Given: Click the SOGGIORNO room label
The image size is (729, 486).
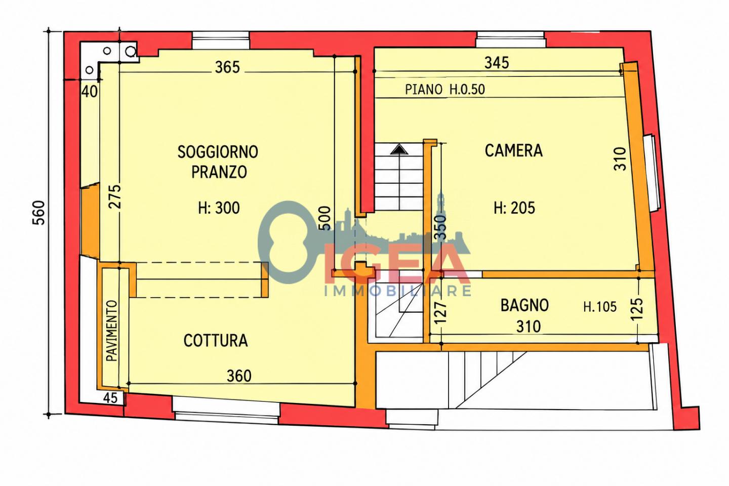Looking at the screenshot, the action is point(218,152).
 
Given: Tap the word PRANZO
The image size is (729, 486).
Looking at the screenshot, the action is point(219,172).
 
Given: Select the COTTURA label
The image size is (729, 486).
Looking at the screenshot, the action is point(216,341).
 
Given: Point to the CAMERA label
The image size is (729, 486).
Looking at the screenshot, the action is point(513,150).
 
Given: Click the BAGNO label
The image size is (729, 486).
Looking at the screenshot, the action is point(524,305).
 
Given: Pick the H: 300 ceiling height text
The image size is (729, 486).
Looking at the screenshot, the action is point(219,208).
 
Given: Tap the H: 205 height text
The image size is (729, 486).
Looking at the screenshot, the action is point(514,208).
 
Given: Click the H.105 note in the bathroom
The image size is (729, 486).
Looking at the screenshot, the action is point(600,307).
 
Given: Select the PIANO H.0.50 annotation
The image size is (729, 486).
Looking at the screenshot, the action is point(445,89).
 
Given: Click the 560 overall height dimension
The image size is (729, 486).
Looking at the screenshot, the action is point(38,213).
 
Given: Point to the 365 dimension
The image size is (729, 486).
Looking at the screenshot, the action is point(227,67).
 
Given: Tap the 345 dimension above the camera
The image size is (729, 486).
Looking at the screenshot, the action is point(497,63).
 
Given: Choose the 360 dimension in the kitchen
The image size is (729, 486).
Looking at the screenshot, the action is point(239,376).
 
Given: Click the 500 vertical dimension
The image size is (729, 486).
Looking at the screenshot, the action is point(326,218).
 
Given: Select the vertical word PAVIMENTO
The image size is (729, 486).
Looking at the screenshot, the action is point(111,331).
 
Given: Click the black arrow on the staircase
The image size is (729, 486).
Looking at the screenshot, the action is point(399,149).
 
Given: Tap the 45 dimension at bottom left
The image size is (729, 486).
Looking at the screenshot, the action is point(110,398).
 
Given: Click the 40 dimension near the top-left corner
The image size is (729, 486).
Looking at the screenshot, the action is point(89,92).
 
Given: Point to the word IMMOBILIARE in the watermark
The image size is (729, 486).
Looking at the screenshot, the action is point(398,291).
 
